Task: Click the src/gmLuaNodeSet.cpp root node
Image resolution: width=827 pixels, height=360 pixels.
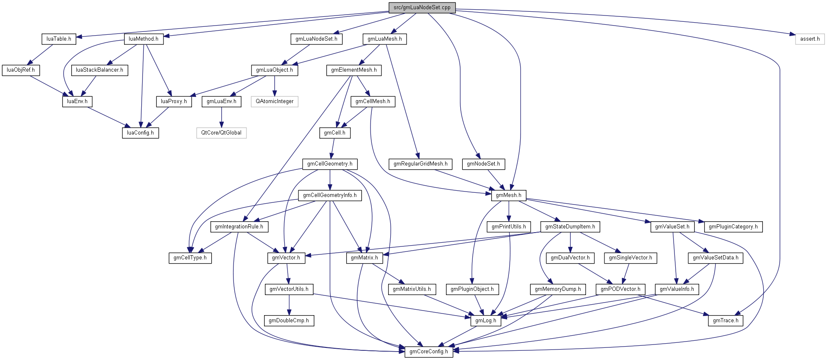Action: [x=422, y=8]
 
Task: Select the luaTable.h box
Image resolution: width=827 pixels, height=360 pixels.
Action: [x=59, y=39]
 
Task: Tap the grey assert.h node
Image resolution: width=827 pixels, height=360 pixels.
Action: [x=810, y=39]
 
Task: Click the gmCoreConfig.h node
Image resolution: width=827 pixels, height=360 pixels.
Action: [x=428, y=352]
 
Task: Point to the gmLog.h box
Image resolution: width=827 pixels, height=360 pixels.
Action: [x=485, y=321]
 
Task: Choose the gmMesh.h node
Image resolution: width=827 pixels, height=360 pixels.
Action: [x=508, y=195]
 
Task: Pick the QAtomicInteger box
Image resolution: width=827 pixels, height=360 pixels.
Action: [x=275, y=101]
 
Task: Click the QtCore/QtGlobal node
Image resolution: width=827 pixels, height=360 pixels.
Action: [x=221, y=133]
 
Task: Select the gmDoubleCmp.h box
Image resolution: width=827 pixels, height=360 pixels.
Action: [x=289, y=321]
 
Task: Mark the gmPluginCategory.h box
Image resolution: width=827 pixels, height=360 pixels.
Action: [x=733, y=227]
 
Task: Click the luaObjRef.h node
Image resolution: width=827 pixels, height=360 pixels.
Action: [x=21, y=70]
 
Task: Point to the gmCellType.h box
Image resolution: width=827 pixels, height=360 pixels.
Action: [x=190, y=258]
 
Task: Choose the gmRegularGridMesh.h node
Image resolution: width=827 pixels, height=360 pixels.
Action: [x=420, y=164]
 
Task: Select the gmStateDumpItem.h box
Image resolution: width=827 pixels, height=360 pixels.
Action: [x=570, y=227]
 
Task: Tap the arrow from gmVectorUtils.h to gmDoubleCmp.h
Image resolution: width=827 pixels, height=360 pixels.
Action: [x=289, y=305]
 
